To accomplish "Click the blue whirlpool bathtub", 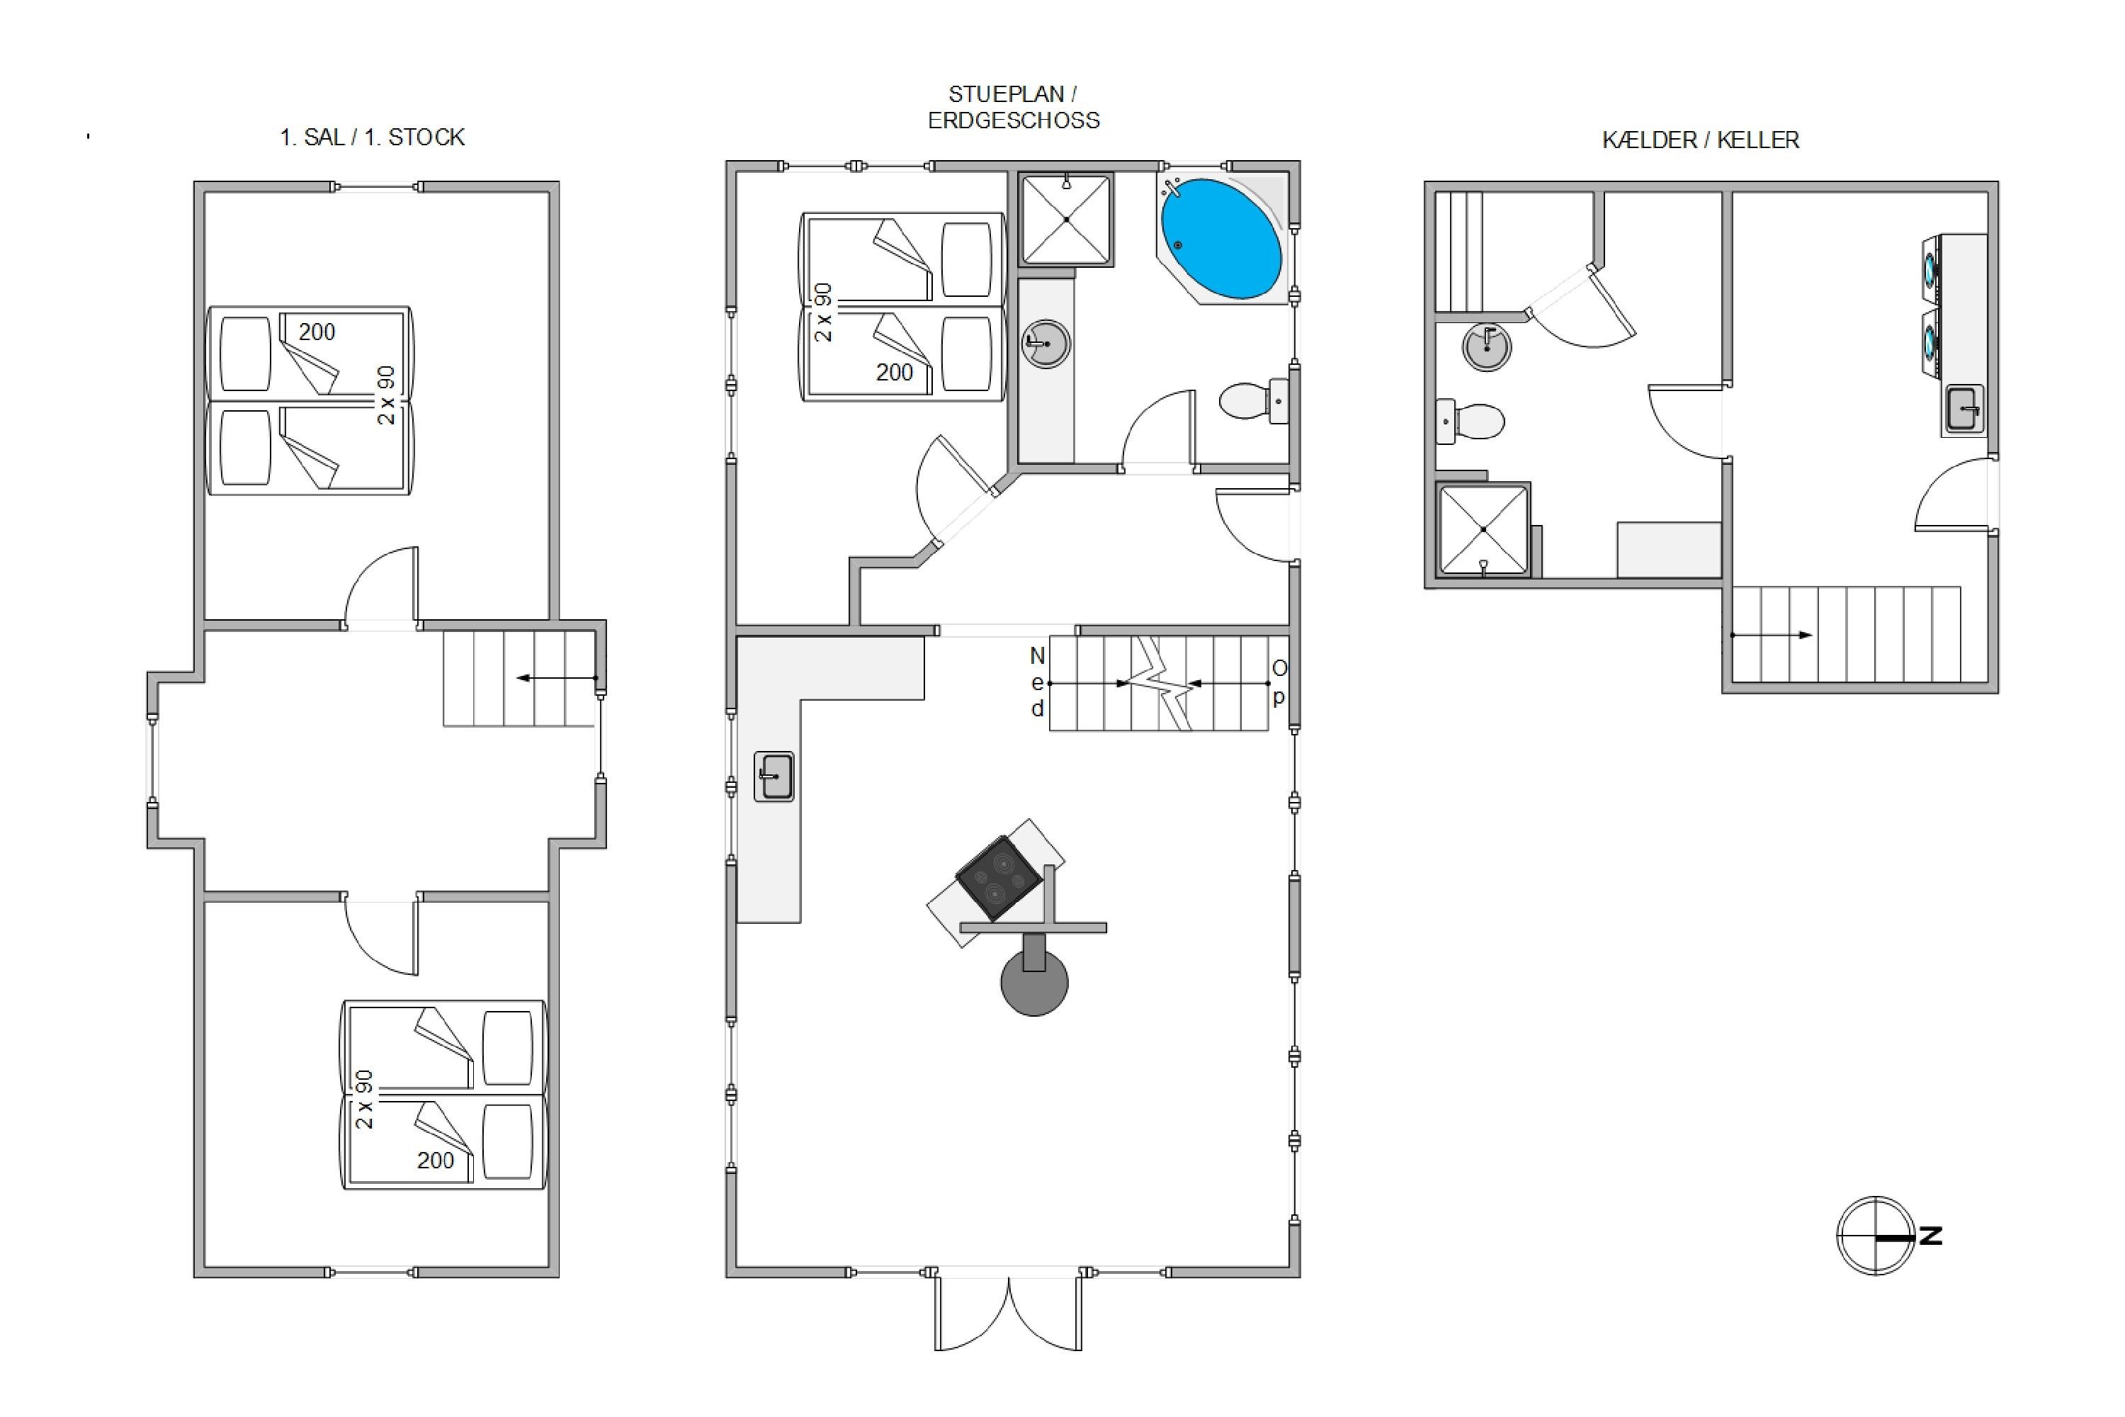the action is coord(1220,239).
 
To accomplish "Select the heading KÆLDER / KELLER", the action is coord(1701,140).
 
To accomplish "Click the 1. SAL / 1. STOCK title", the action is coord(373,137).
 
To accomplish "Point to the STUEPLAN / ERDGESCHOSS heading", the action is coord(1014,108).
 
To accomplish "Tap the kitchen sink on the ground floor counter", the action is coord(774,777).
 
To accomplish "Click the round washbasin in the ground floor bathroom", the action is coord(1046,344).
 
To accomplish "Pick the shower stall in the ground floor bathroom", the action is coord(1066,220).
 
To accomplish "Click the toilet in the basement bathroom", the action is coord(1470,421).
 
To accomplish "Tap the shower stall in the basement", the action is coord(1483,529).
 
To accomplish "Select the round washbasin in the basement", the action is coord(1486,346).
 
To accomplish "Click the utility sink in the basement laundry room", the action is coord(1964,410).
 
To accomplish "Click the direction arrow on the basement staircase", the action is coord(1772,636).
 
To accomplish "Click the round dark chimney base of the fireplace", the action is coord(1034,982).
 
